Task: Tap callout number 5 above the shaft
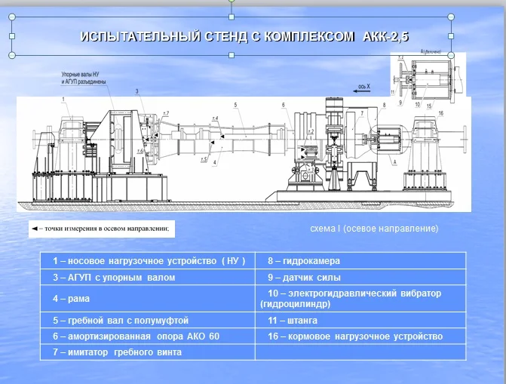(235, 104)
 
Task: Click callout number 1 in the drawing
(63, 99)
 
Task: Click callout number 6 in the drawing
(284, 104)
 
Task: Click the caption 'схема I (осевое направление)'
(374, 228)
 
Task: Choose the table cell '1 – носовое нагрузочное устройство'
(149, 262)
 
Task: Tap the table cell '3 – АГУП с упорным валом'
(114, 278)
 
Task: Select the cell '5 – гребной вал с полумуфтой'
(121, 320)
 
